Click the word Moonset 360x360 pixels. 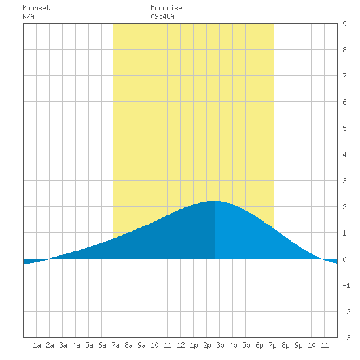[x=36, y=8]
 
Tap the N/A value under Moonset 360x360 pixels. [x=28, y=16]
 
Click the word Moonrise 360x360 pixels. [x=166, y=8]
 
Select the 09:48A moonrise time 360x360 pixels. [x=162, y=16]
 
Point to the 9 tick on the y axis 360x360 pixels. [x=344, y=24]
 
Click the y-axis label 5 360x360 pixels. [x=344, y=128]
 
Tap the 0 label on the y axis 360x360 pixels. [x=344, y=259]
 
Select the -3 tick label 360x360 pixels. [x=346, y=338]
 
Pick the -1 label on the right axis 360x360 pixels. [x=346, y=285]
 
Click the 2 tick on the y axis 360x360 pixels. [x=344, y=207]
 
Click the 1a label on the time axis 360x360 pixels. [x=37, y=345]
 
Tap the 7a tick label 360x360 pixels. [x=115, y=345]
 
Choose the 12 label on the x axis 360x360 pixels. [x=181, y=345]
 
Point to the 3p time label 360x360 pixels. [x=220, y=345]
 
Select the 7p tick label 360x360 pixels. [x=272, y=345]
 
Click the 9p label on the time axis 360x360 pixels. [x=298, y=345]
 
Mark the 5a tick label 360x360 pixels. [x=89, y=345]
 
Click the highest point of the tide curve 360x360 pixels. [x=215, y=201]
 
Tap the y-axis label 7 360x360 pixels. [x=344, y=76]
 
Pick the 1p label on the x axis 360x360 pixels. [x=194, y=345]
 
